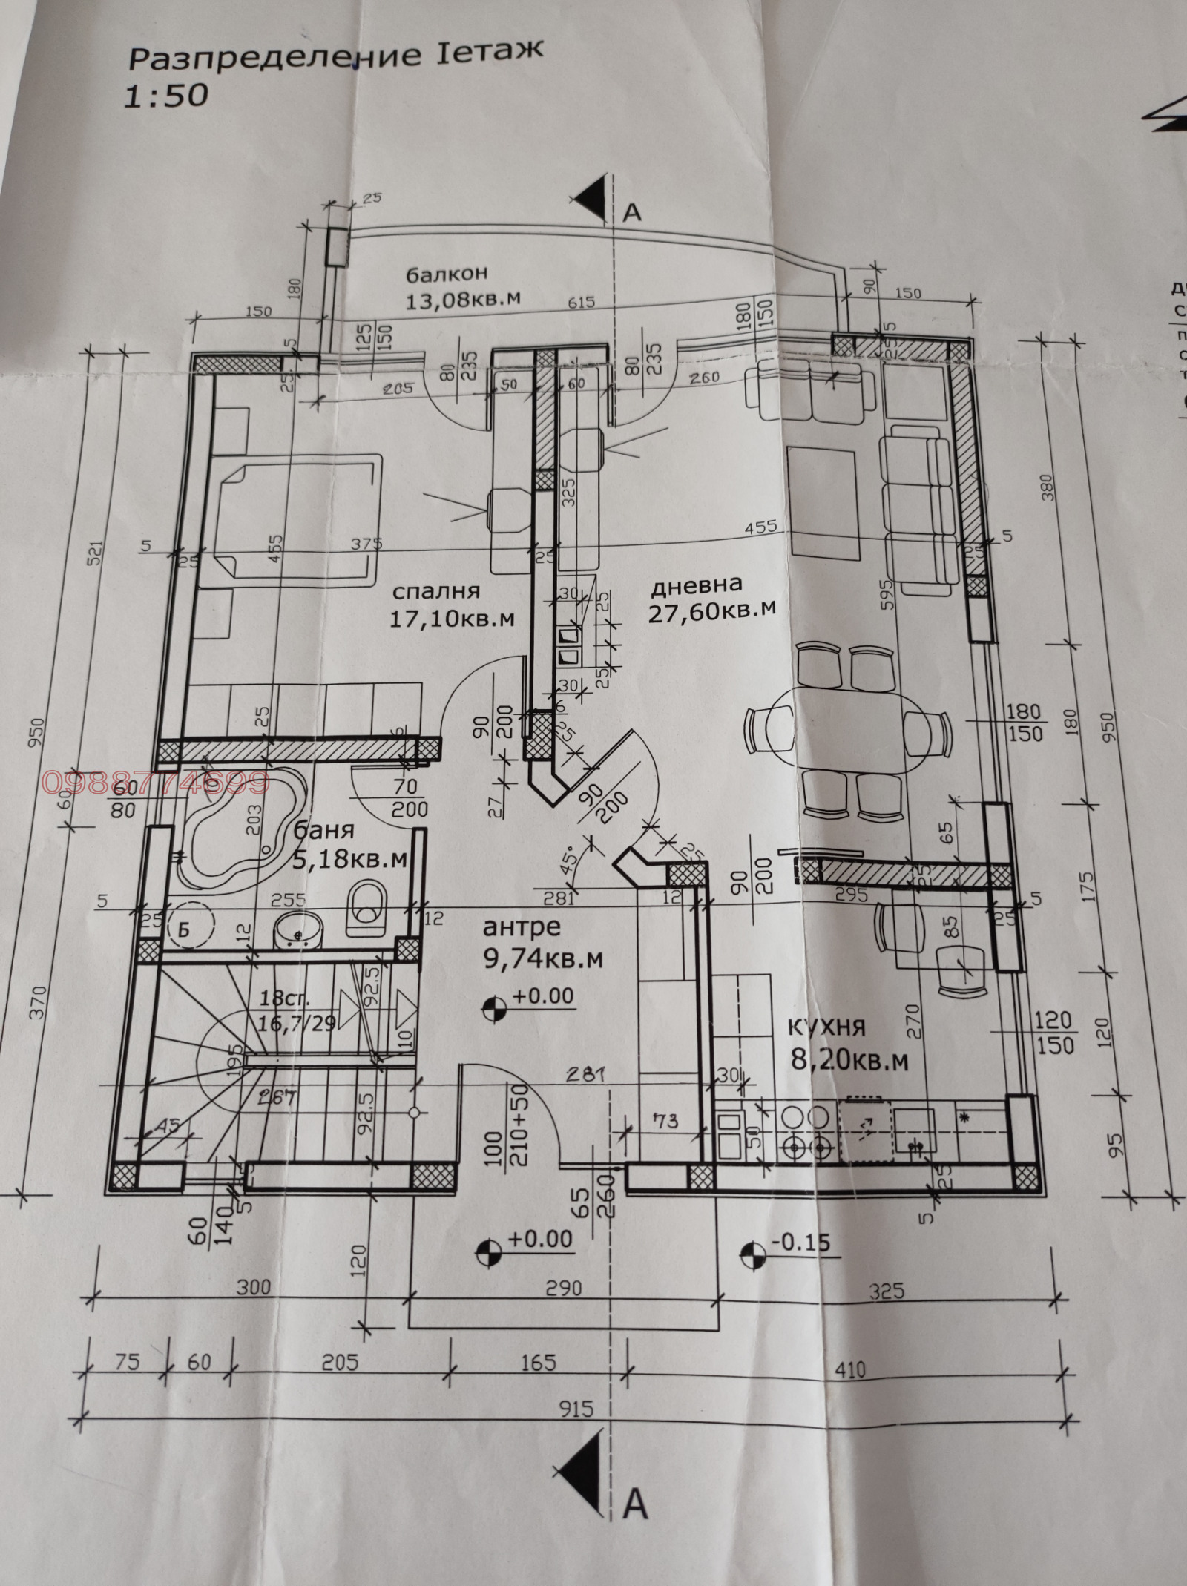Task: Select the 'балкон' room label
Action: click(447, 274)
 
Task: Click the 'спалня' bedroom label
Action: click(435, 591)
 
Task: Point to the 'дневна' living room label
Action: click(696, 586)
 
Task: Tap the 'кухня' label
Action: click(826, 1027)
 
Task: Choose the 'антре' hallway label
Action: click(522, 927)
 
